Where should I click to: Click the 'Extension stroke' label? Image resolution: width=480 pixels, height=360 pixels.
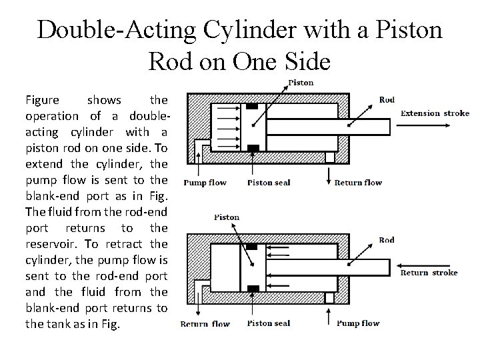[435, 113]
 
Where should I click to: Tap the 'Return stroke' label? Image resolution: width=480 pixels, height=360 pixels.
[429, 272]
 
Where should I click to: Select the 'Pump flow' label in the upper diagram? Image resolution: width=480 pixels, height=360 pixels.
[205, 183]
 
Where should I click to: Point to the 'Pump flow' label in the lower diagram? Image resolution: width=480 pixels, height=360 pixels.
[359, 323]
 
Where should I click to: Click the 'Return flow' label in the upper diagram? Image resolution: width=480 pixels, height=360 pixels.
[358, 183]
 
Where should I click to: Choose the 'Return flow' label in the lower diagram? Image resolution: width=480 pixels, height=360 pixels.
[205, 324]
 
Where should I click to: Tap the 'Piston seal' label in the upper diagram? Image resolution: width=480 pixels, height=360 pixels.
[269, 183]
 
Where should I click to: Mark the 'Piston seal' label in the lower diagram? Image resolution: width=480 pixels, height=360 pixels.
[269, 324]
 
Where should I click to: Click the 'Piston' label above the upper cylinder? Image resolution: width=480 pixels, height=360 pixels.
[300, 83]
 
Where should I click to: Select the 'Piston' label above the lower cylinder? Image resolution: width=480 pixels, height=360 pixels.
[227, 217]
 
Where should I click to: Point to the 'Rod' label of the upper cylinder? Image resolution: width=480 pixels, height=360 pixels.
[387, 100]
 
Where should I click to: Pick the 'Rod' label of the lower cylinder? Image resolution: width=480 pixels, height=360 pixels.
[387, 240]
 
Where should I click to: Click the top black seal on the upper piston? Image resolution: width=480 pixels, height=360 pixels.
[252, 107]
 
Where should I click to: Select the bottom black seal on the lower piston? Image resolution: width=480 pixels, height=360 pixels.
[252, 288]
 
